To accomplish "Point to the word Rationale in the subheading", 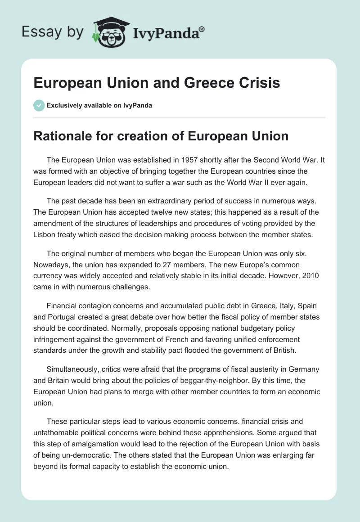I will [62, 136].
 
